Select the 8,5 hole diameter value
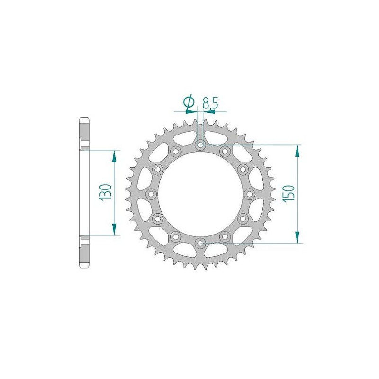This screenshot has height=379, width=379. click(209, 103)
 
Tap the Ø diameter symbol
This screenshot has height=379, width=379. click(188, 102)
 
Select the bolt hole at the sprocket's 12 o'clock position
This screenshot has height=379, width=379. click(200, 144)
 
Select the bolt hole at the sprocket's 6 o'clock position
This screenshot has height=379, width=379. click(200, 244)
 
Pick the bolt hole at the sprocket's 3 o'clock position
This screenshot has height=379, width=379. click(250, 194)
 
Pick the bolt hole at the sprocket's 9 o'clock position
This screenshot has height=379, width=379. click(151, 194)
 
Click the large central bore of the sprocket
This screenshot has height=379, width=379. click(200, 194)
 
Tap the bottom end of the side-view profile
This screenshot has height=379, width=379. click(84, 266)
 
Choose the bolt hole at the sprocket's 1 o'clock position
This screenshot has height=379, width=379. click(225, 151)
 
